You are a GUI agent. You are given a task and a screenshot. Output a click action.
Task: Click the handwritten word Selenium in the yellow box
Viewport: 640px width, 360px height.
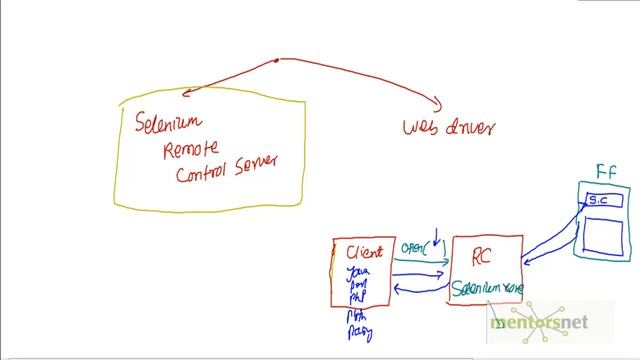coord(168,123)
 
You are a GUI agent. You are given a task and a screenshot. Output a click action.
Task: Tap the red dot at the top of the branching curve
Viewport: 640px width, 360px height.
coord(278,60)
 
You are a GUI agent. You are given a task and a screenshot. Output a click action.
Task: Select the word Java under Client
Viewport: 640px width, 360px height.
coord(356,271)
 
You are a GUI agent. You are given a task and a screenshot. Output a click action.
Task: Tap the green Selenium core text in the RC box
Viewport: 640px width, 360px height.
coord(487,289)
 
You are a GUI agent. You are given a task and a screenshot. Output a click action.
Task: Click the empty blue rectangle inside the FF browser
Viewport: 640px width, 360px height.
coord(605,234)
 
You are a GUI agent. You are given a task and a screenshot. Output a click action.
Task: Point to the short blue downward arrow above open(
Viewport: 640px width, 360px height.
coord(436,238)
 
